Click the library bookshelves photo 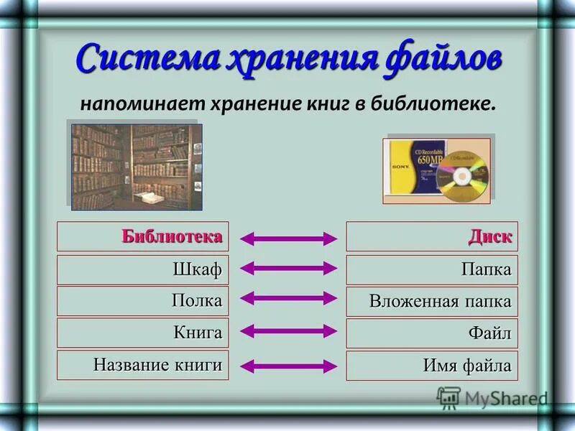137,167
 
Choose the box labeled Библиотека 143,236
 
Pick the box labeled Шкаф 143,270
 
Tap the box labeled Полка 143,301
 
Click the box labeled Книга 143,333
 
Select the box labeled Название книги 143,365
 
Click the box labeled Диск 432,236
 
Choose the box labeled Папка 432,270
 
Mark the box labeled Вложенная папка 432,301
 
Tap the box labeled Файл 432,333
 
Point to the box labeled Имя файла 432,366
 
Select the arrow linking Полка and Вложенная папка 287,297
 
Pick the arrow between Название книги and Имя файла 287,366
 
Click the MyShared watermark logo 492,397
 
